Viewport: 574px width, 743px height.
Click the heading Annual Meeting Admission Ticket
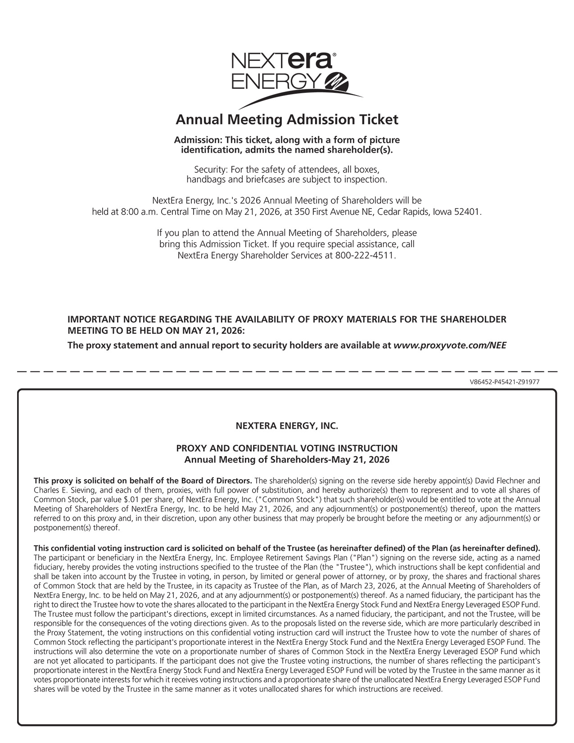(287, 120)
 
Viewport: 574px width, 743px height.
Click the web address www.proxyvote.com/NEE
(450, 345)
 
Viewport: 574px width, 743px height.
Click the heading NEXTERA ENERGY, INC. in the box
(287, 426)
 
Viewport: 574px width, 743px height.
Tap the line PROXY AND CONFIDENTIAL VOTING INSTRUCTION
(287, 449)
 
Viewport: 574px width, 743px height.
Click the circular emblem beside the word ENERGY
(337, 81)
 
